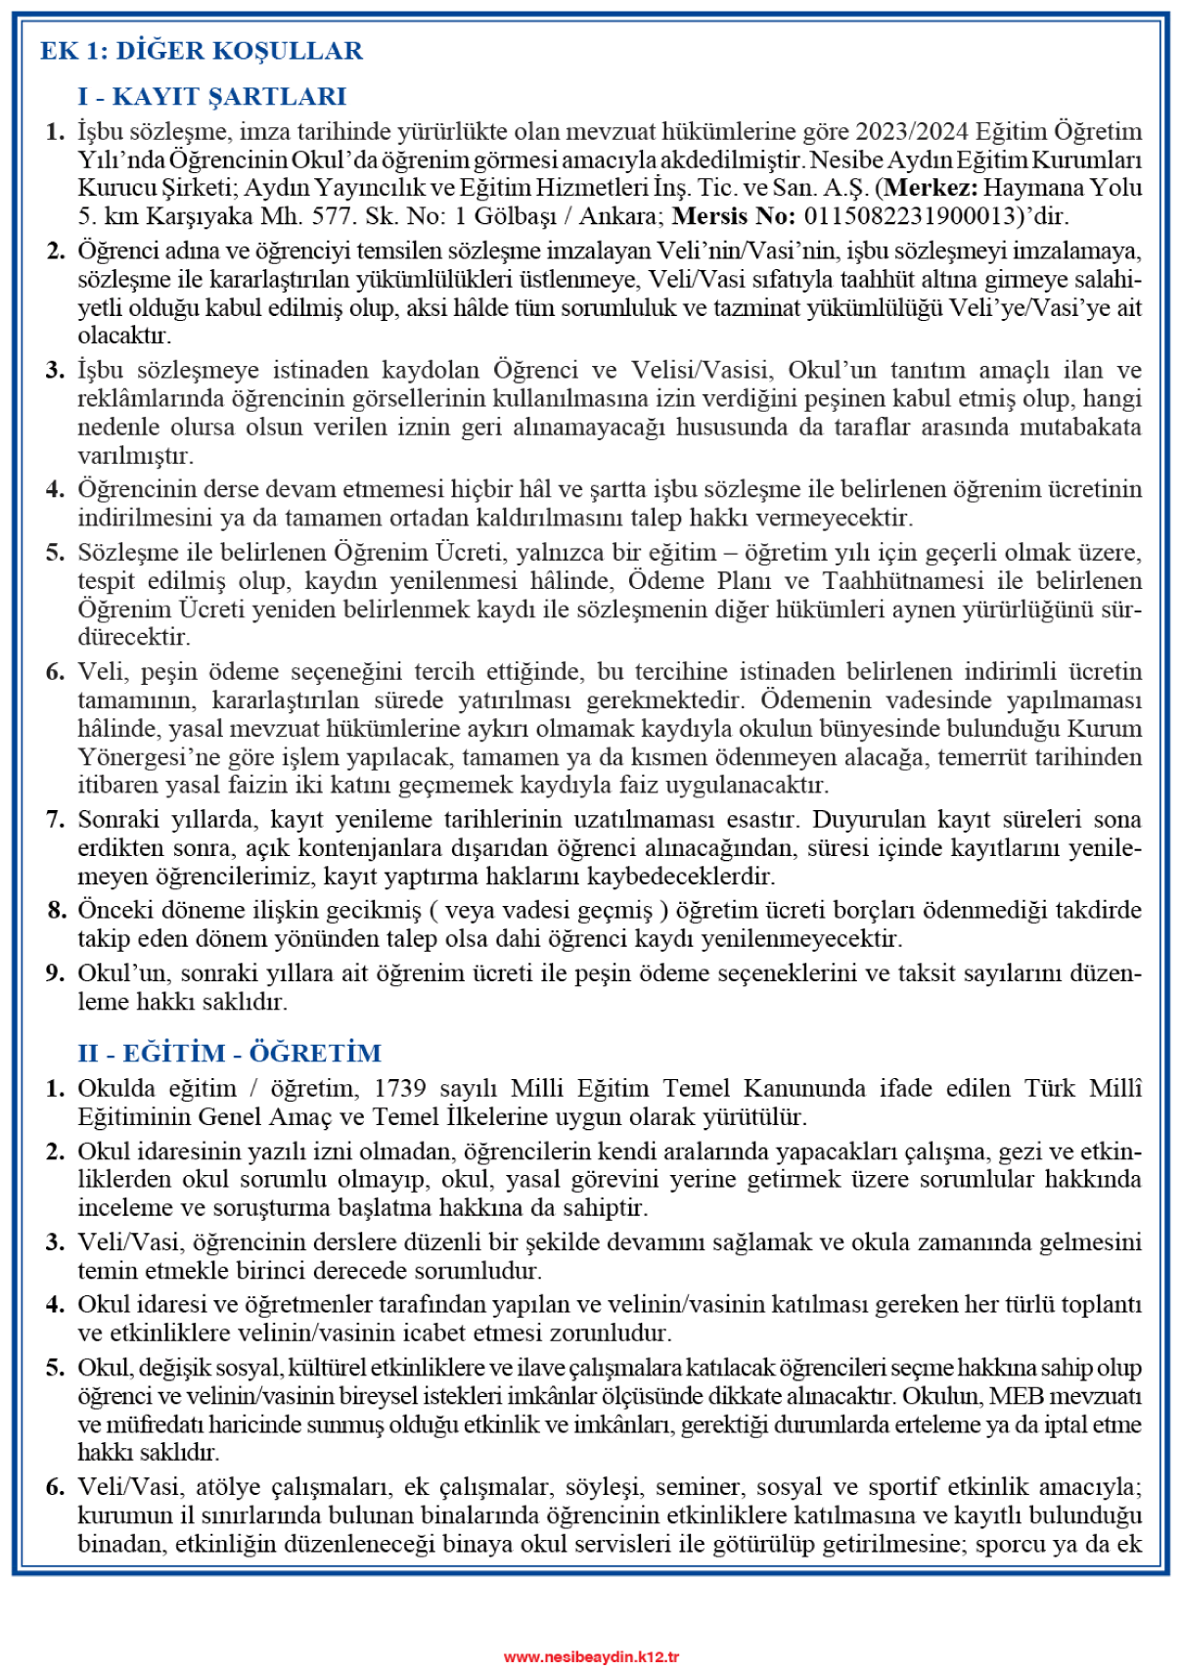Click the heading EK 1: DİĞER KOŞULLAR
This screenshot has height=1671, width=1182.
click(x=202, y=51)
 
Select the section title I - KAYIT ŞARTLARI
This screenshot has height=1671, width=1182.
click(x=212, y=97)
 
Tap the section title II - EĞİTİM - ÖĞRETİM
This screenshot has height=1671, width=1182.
click(x=230, y=1054)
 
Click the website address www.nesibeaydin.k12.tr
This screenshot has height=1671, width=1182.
click(x=591, y=1656)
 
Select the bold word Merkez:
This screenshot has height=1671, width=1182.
click(x=930, y=188)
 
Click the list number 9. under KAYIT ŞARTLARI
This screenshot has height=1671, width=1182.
click(x=56, y=973)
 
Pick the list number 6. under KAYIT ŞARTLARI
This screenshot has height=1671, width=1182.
click(x=56, y=672)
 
